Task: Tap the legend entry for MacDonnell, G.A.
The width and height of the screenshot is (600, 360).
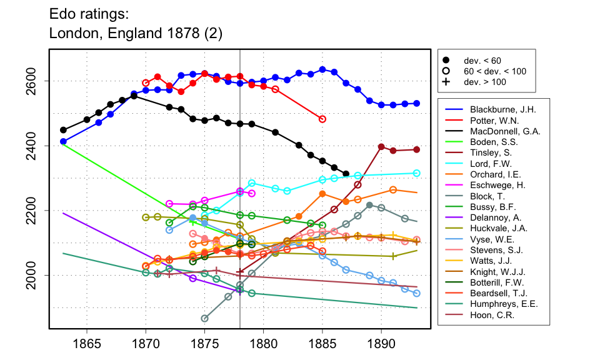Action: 500,131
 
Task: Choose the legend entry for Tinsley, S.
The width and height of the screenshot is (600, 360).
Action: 488,154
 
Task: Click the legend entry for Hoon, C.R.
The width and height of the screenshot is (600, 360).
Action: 488,315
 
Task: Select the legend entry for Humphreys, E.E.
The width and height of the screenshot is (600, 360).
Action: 499,304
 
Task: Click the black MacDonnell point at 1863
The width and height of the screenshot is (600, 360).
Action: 63,130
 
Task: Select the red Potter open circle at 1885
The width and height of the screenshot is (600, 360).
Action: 322,119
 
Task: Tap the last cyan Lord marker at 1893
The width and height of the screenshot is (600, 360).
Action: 416,173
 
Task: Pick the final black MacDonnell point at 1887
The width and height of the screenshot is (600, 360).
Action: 346,174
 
